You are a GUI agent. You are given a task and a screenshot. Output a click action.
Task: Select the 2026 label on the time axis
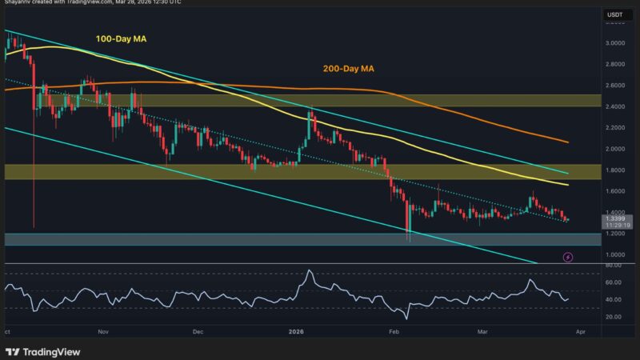pyautogui.click(x=295, y=330)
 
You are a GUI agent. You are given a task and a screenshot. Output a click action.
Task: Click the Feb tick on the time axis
pyautogui.click(x=393, y=330)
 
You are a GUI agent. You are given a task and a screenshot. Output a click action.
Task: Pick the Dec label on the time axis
pyautogui.click(x=199, y=330)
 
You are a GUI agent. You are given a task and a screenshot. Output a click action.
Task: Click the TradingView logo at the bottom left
pyautogui.click(x=38, y=351)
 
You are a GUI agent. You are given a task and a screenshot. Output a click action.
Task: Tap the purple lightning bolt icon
pyautogui.click(x=568, y=258)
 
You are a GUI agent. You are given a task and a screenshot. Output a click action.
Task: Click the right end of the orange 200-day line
pyautogui.click(x=568, y=142)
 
